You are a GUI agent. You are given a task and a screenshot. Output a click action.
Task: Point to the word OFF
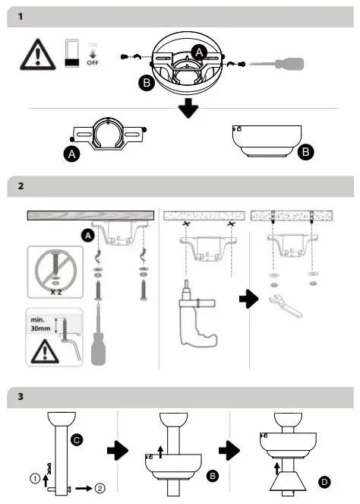(93, 63)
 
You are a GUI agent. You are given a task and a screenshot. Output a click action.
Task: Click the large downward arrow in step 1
(187, 107)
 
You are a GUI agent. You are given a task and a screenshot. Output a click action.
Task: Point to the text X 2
(53, 292)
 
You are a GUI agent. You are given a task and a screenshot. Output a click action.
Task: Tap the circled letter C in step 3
(77, 439)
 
